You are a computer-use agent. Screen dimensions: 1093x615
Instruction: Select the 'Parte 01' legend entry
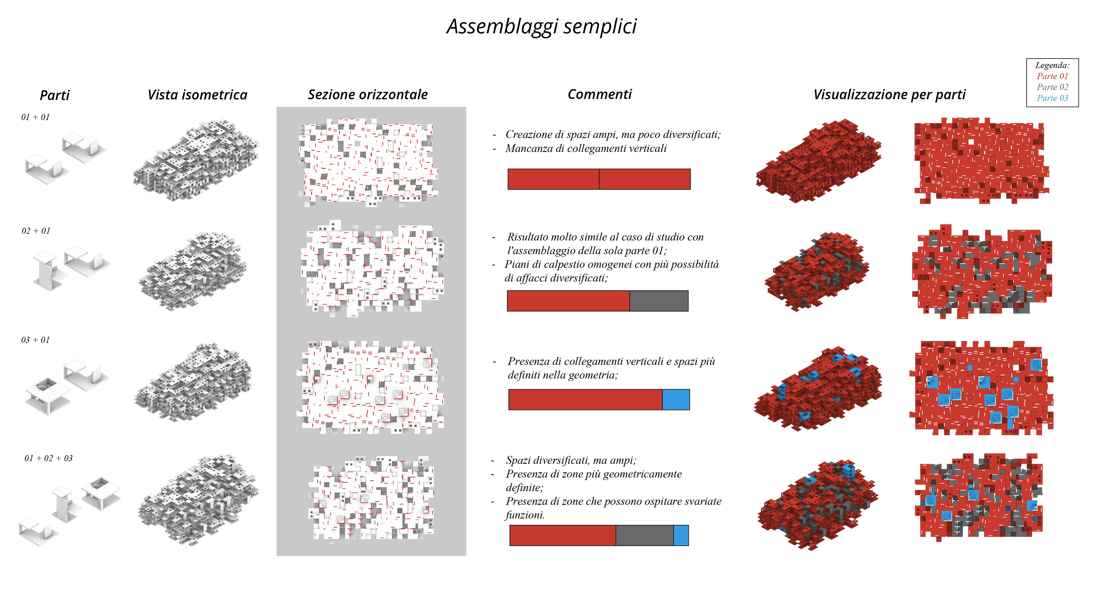point(1052,76)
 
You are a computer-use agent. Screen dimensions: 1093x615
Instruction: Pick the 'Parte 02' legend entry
point(1052,87)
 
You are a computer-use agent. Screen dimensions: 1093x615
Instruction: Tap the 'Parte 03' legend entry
point(1052,98)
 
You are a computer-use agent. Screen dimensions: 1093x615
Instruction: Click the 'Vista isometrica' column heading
point(197,95)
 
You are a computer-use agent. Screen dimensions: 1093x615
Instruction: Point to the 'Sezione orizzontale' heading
point(367,94)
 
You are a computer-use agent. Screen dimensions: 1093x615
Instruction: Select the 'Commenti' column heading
point(599,94)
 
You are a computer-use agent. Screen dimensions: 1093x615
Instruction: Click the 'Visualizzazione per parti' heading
point(889,95)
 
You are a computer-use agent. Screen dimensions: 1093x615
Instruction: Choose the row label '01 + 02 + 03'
point(48,458)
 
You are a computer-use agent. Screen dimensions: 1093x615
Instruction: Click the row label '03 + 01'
point(36,340)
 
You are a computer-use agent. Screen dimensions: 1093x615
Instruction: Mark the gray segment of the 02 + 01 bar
point(659,301)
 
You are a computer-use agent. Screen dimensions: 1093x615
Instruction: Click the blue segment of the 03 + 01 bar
point(676,399)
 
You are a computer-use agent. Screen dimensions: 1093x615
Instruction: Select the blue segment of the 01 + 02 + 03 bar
point(681,535)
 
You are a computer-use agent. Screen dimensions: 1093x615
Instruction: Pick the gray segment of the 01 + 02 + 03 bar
point(644,535)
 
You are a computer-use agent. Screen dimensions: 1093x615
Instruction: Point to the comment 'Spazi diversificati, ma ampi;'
point(571,460)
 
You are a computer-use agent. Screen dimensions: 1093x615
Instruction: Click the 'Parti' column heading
point(54,95)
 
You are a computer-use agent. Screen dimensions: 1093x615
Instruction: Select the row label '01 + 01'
point(36,117)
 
